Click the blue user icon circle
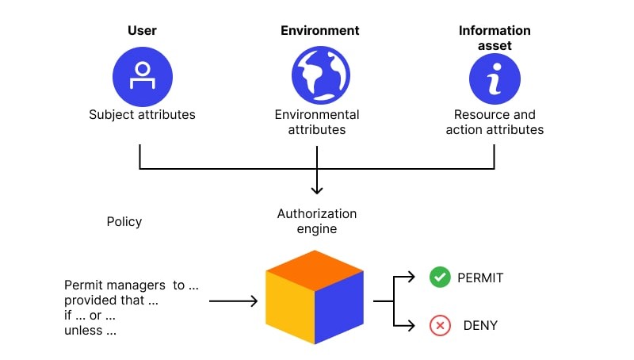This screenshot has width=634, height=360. click(143, 76)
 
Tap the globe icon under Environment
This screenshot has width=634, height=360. click(321, 75)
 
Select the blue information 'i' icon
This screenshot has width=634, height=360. click(495, 79)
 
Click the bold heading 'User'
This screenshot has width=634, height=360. click(142, 30)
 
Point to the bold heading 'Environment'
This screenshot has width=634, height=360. click(320, 30)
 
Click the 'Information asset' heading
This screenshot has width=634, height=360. click(495, 37)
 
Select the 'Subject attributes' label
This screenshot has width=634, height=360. click(142, 114)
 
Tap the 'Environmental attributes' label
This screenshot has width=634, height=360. click(317, 122)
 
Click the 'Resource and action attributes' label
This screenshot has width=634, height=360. click(495, 122)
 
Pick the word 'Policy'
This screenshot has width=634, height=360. click(124, 222)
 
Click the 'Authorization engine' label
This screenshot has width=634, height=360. click(317, 221)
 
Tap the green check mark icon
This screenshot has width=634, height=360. click(440, 277)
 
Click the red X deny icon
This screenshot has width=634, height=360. click(440, 325)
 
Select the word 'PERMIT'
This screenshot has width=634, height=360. click(480, 278)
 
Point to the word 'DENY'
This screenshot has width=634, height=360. click(480, 326)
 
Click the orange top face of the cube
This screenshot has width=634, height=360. click(315, 270)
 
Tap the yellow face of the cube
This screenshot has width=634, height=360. click(290, 307)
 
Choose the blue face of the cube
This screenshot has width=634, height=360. click(339, 307)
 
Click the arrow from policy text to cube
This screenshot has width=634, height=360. click(233, 301)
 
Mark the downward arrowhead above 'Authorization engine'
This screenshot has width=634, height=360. click(317, 190)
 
